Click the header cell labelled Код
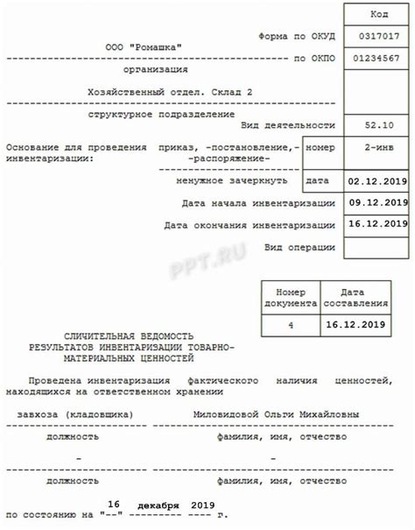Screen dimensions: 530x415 379,15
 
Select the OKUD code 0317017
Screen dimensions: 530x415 379,36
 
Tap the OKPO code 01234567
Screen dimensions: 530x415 379,58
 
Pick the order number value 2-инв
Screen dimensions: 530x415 379,148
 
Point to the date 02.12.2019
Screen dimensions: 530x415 379,181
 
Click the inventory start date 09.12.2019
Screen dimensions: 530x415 379,203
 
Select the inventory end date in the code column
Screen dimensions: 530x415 379,224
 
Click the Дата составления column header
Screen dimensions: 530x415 355,297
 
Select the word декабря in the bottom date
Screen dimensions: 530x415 158,506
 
